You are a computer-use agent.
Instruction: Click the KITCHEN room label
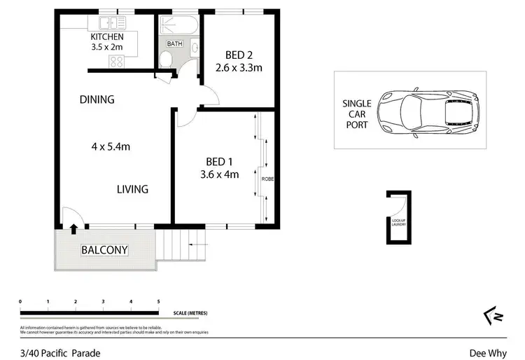(107, 37)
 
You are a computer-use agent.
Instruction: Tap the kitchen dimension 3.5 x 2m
(107, 48)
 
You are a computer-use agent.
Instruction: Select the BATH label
(174, 43)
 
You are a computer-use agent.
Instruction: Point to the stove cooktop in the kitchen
(116, 62)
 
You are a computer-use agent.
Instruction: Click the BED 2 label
(238, 55)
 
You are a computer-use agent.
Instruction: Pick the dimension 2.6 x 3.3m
(238, 68)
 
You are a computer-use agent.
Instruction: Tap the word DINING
(97, 99)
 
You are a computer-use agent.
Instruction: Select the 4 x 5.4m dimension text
(112, 146)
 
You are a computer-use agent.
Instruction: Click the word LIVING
(132, 189)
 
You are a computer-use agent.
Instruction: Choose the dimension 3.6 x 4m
(219, 174)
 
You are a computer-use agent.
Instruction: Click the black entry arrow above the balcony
(73, 228)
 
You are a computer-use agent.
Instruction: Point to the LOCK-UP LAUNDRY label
(398, 223)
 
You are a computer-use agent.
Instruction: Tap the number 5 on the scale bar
(158, 301)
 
